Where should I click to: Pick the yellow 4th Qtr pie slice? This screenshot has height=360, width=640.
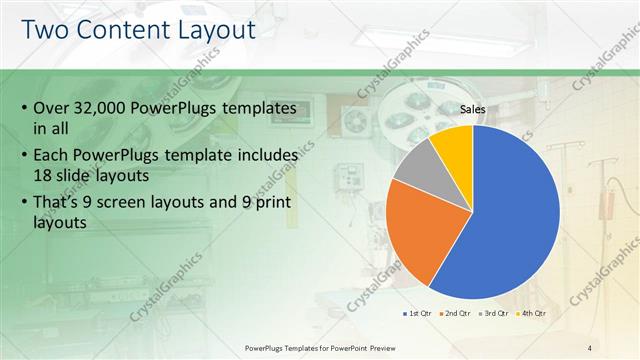pyautogui.click(x=455, y=140)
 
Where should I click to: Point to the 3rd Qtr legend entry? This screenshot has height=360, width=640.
pyautogui.click(x=493, y=313)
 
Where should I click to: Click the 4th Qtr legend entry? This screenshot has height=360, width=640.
pyautogui.click(x=531, y=313)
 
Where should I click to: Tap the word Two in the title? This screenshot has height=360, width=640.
pyautogui.click(x=45, y=30)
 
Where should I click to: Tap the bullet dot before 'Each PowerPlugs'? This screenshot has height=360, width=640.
pyautogui.click(x=23, y=155)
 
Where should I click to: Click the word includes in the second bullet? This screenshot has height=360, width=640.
pyautogui.click(x=264, y=155)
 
